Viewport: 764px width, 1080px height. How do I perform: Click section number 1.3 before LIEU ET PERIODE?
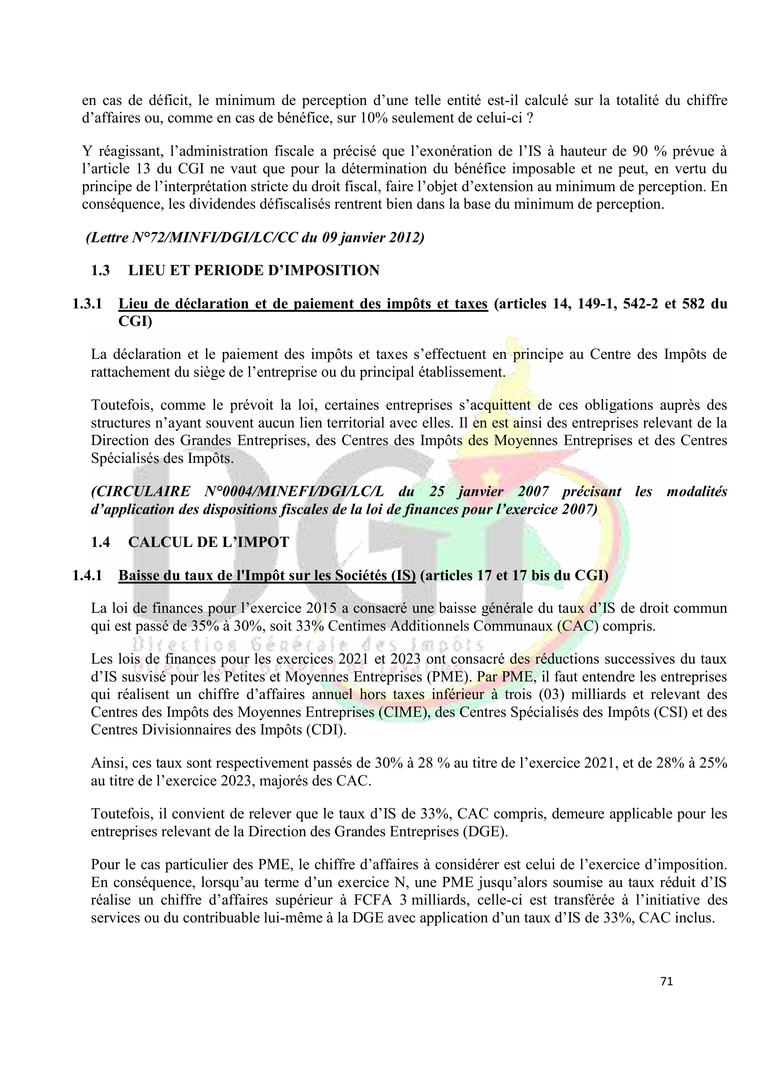pos(100,271)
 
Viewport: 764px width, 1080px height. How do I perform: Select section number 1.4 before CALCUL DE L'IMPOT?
pos(100,542)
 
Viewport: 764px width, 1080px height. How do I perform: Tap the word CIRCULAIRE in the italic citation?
pos(141,492)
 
